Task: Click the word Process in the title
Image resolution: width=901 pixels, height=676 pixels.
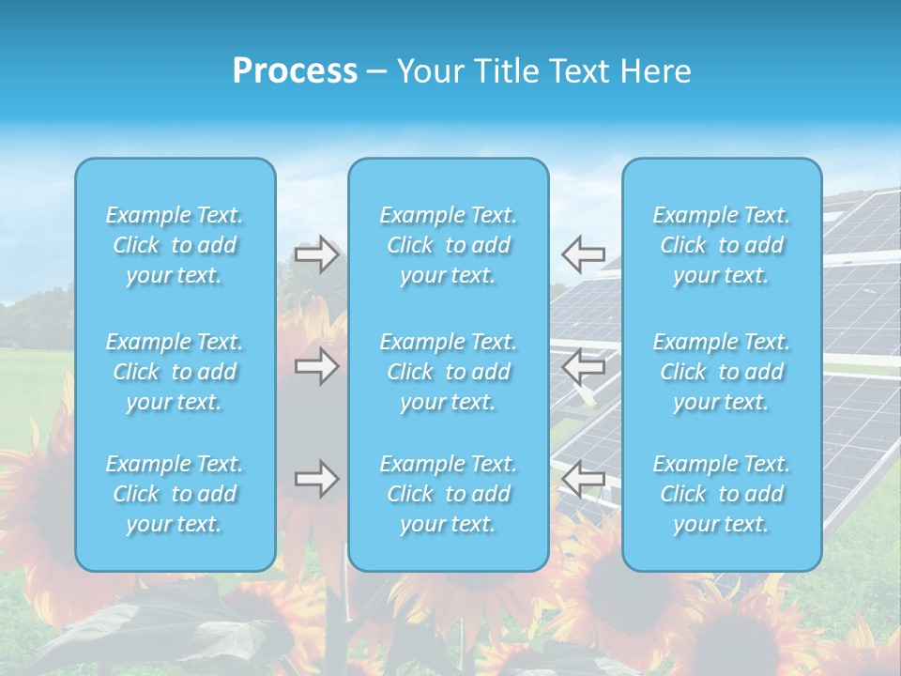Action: [x=295, y=71]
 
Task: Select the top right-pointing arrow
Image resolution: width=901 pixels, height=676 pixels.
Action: [x=316, y=253]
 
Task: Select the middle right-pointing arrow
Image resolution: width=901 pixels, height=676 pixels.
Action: [x=316, y=366]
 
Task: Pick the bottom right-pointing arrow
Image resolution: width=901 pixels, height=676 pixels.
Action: [x=316, y=479]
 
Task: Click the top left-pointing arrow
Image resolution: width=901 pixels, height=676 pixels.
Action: [x=584, y=253]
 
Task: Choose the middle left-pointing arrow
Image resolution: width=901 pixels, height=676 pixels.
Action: [x=584, y=366]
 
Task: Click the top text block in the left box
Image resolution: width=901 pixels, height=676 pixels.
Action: [x=175, y=245]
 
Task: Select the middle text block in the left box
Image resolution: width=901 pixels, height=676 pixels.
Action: [x=175, y=372]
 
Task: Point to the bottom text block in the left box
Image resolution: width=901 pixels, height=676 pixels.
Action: [x=175, y=494]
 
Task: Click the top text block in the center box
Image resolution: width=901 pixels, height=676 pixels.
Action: [x=449, y=245]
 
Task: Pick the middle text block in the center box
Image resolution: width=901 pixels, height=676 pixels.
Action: [x=449, y=372]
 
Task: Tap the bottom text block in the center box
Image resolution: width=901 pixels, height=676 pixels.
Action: [x=449, y=494]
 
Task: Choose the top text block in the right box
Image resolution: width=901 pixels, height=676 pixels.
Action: [x=722, y=245]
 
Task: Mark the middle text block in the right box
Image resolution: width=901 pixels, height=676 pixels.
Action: [x=722, y=372]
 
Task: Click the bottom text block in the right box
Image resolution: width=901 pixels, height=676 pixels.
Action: [x=722, y=494]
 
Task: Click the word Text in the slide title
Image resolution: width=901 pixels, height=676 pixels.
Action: [x=575, y=71]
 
